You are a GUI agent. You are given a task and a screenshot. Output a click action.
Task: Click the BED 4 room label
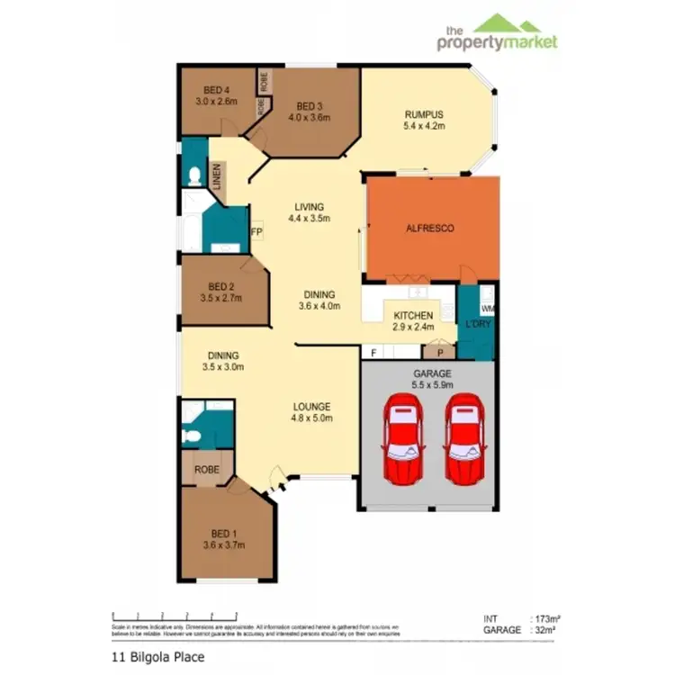coord(215,90)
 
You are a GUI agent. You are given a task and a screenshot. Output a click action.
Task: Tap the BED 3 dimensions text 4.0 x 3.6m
coord(310,118)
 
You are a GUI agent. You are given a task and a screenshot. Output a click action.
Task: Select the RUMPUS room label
coord(424,113)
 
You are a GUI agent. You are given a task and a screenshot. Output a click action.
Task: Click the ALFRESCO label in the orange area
coord(430,229)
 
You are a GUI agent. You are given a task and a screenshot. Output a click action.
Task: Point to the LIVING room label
coord(310,206)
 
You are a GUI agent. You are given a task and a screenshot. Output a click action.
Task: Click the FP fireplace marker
coord(256,232)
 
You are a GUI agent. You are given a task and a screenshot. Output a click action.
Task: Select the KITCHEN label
coord(413,315)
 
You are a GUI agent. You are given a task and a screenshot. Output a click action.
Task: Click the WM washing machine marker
coord(488,309)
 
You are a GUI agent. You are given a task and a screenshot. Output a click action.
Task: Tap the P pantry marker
coord(439,353)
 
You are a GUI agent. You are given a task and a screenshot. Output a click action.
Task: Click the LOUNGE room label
coord(311,406)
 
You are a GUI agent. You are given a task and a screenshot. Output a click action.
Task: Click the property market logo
coord(497,34)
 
